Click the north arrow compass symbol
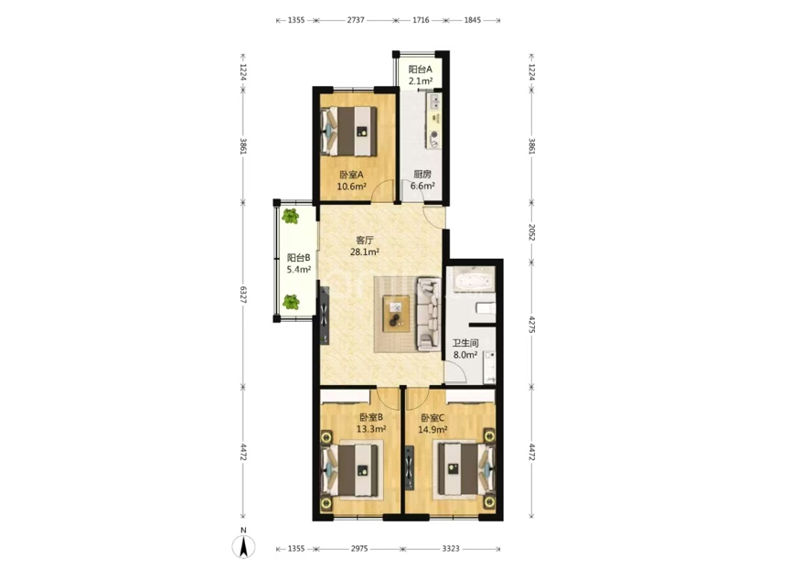point(243,547)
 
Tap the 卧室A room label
point(351,175)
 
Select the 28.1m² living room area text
point(365,252)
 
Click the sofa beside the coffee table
point(428,314)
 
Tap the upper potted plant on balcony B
point(290,217)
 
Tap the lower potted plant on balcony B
point(291,302)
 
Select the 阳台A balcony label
point(420,70)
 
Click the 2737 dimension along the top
point(356,20)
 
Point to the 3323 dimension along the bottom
point(451,548)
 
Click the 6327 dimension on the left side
point(243,295)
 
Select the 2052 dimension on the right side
point(531,232)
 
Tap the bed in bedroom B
point(351,469)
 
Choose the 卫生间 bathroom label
point(465,343)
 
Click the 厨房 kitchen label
point(422,175)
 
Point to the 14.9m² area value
point(433,429)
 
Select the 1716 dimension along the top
point(421,20)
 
